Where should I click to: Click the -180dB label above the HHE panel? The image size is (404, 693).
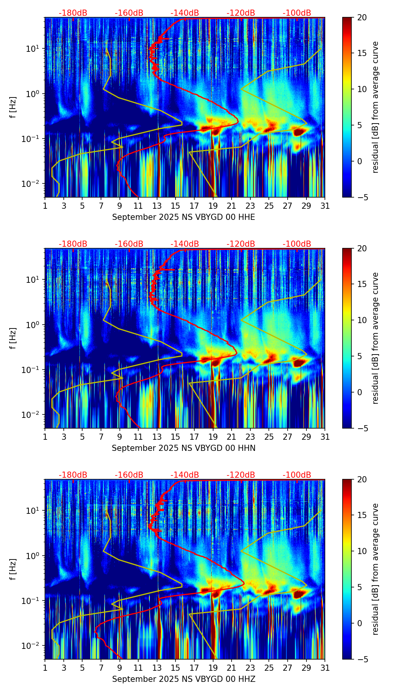pos(73,13)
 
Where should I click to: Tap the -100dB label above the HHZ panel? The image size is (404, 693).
pos(297,475)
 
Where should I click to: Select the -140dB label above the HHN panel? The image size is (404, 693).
pos(185,244)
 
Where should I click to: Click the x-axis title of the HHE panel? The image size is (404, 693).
pos(184,217)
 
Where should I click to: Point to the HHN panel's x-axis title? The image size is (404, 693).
pos(184,448)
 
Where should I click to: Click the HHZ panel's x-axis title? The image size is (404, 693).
pos(184,679)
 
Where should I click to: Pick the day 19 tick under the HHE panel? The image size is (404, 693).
pos(213,206)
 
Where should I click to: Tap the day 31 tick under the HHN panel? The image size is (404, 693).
pos(325,437)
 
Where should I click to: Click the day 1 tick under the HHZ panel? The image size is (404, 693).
pos(45,668)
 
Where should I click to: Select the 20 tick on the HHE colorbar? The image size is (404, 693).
pos(362,17)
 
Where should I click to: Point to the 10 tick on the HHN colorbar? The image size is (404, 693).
pos(362,320)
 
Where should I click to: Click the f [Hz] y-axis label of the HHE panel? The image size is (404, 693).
pos(13,107)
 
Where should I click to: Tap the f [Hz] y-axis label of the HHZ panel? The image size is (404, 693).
pos(13,569)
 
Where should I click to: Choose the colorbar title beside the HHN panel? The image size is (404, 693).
pos(375,338)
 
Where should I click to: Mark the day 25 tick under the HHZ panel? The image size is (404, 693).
pos(269,668)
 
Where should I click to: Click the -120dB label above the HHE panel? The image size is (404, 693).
pos(241,13)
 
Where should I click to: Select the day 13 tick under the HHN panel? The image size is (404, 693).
pos(157,437)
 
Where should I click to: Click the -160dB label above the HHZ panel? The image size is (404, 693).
pos(129,475)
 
